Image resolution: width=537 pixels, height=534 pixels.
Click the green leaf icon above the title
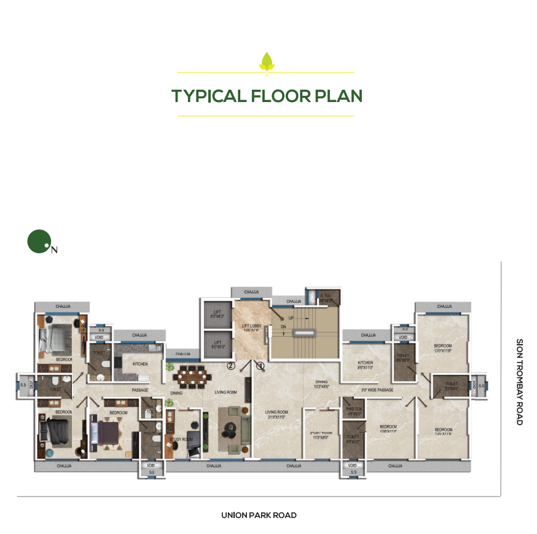coord(266,61)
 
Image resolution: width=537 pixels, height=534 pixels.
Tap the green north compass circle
coord(38,241)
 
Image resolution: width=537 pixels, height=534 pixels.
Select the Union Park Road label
coord(259,515)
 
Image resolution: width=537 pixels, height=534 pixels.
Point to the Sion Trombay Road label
coord(519,382)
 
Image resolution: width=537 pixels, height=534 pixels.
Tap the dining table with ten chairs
coord(190,374)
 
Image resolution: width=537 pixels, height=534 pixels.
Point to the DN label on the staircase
coord(283,328)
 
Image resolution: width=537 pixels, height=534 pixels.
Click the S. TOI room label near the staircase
coord(326,298)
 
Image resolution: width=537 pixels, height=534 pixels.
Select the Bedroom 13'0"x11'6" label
coord(443,348)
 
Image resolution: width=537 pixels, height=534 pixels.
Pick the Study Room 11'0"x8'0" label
coord(321,435)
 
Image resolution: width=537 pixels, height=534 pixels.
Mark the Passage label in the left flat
coord(140,390)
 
